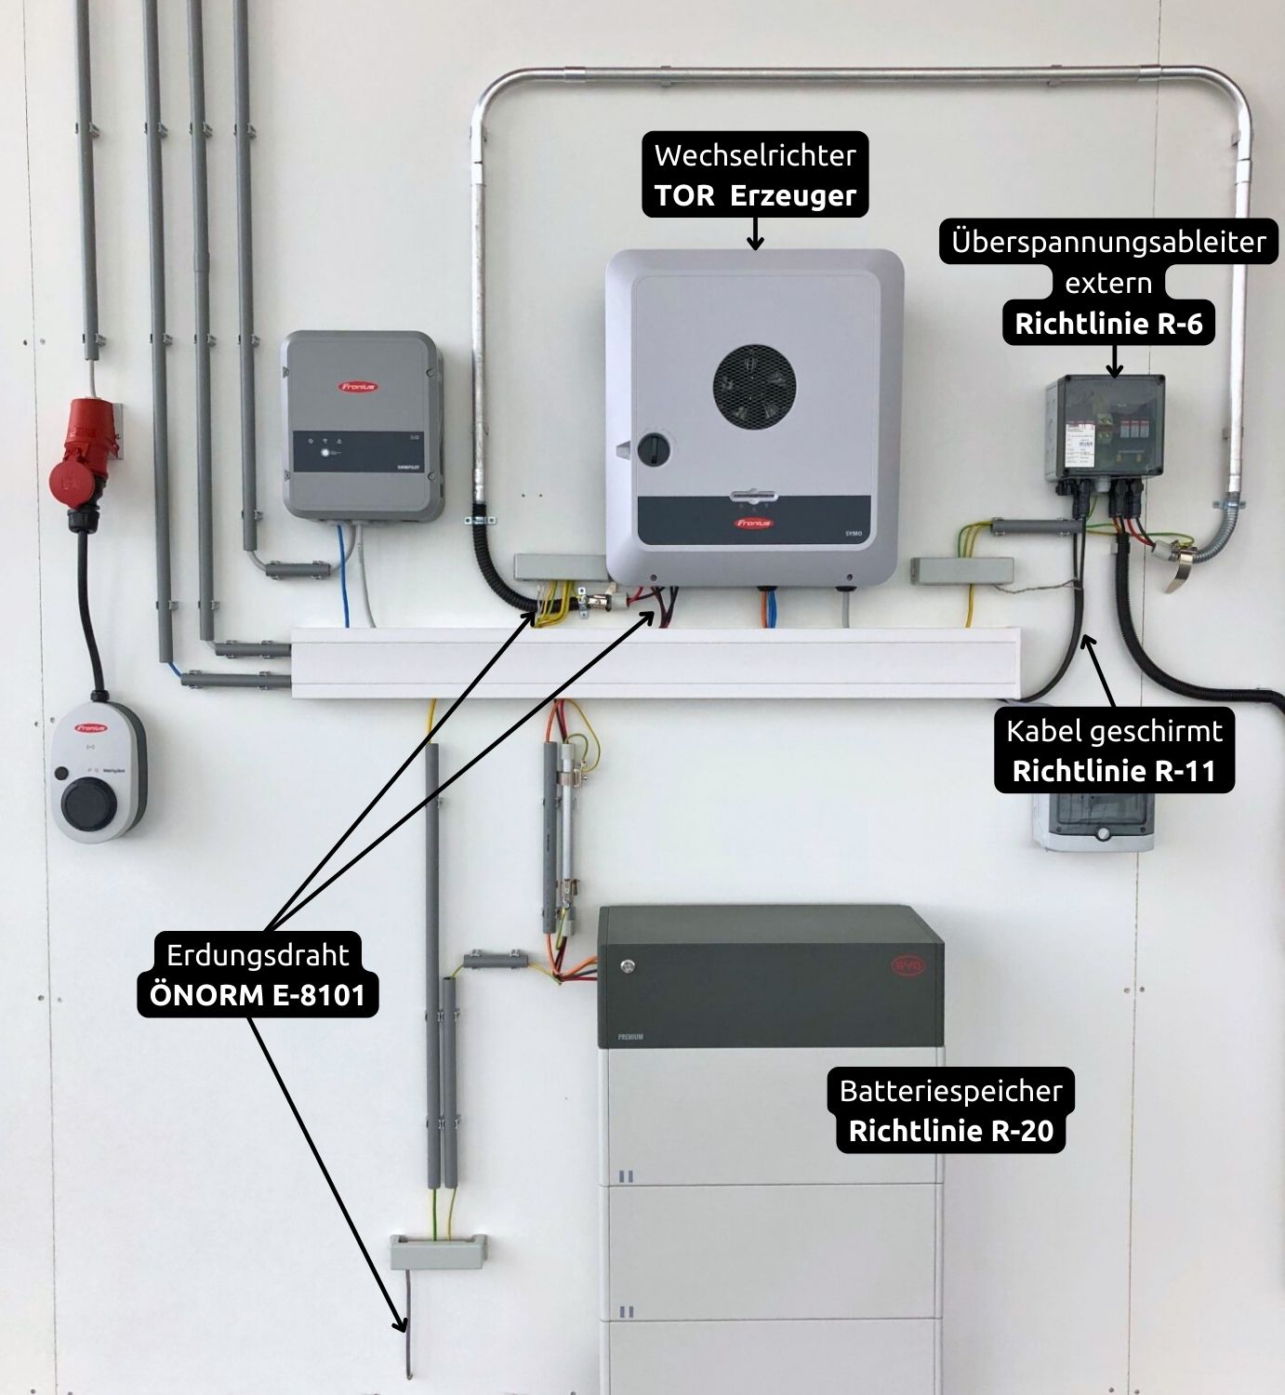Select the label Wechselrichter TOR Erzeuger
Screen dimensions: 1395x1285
(755, 175)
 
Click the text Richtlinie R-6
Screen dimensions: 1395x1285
(1107, 325)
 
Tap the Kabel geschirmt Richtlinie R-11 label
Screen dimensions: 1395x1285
(1114, 751)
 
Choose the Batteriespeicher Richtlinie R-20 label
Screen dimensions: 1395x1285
(950, 1110)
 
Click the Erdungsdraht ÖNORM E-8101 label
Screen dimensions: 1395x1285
(258, 975)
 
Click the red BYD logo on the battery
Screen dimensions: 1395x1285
(907, 964)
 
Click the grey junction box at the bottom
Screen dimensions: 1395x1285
(438, 1252)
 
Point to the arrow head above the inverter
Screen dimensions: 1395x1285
(755, 244)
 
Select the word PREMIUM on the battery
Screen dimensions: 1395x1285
(630, 1036)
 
